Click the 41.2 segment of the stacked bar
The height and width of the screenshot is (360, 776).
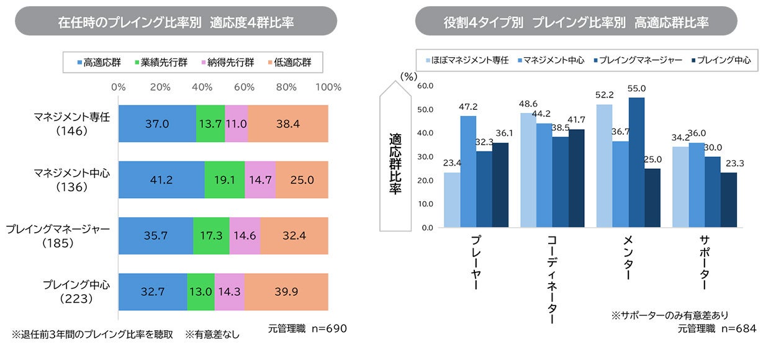pyautogui.click(x=161, y=179)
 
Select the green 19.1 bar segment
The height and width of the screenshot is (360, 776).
pyautogui.click(x=225, y=179)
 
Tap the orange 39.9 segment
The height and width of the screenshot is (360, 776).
pyautogui.click(x=286, y=292)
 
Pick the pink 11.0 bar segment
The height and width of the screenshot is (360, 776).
pyautogui.click(x=237, y=124)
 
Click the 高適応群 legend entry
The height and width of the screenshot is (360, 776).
pyautogui.click(x=99, y=62)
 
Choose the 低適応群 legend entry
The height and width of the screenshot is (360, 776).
pyautogui.click(x=290, y=62)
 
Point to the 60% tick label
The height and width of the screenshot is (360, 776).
pyautogui.click(x=244, y=87)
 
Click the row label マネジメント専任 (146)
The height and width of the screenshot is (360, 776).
pyautogui.click(x=72, y=124)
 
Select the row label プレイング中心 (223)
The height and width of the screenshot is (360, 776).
pyautogui.click(x=76, y=291)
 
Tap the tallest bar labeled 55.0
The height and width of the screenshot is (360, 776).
pyautogui.click(x=636, y=163)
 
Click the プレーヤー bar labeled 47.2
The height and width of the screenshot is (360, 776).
pyautogui.click(x=468, y=171)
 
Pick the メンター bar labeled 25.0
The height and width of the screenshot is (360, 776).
pyautogui.click(x=652, y=198)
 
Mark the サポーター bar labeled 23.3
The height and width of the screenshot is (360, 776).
pyautogui.click(x=729, y=200)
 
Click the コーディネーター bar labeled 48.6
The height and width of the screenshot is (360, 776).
pyautogui.click(x=528, y=170)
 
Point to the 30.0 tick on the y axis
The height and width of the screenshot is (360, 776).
pyautogui.click(x=425, y=156)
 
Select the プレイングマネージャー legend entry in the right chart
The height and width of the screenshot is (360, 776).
pyautogui.click(x=638, y=60)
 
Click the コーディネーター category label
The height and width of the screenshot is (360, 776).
pyautogui.click(x=552, y=279)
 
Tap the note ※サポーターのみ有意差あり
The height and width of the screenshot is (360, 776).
pyautogui.click(x=670, y=315)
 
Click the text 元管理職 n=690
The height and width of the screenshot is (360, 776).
pyautogui.click(x=307, y=328)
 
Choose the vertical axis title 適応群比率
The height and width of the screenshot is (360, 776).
pyautogui.click(x=395, y=163)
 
